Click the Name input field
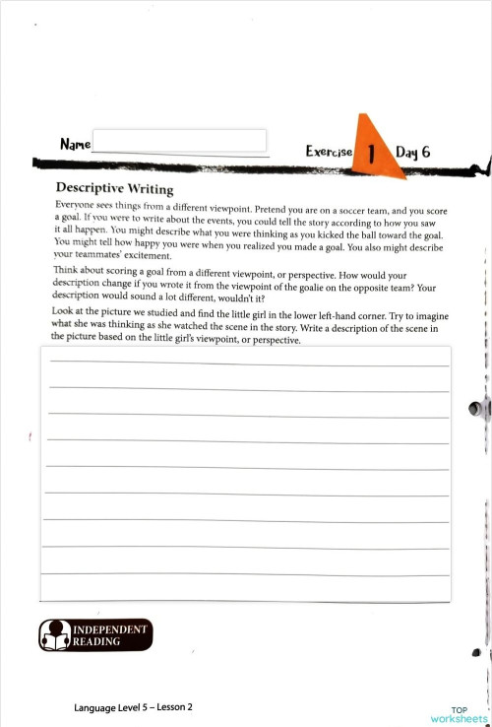(179, 141)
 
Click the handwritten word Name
(75, 145)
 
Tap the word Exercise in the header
(329, 152)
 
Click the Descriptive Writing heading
(114, 189)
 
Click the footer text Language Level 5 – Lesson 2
(133, 707)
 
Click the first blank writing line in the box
(246, 363)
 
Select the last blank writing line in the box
(246, 573)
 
